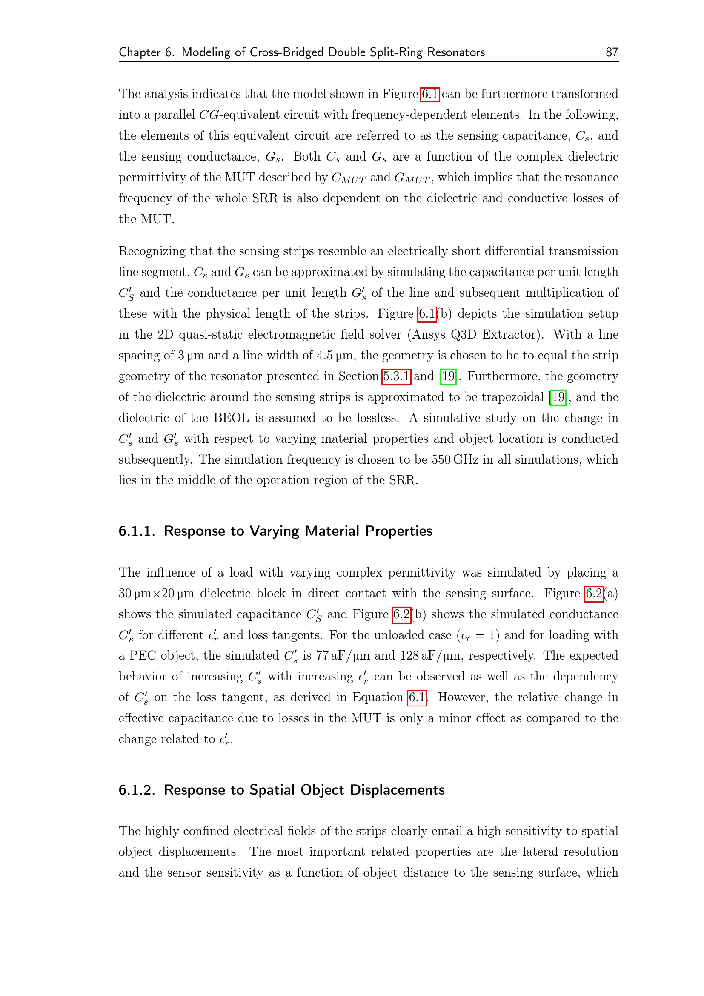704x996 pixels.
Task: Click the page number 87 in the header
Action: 611,52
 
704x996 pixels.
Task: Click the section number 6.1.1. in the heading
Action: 137,531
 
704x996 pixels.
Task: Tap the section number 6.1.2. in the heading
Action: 137,789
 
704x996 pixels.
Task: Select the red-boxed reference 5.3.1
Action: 396,376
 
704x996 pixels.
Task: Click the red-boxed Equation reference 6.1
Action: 417,697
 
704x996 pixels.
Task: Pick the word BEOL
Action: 231,418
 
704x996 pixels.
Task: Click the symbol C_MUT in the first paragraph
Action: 349,178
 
